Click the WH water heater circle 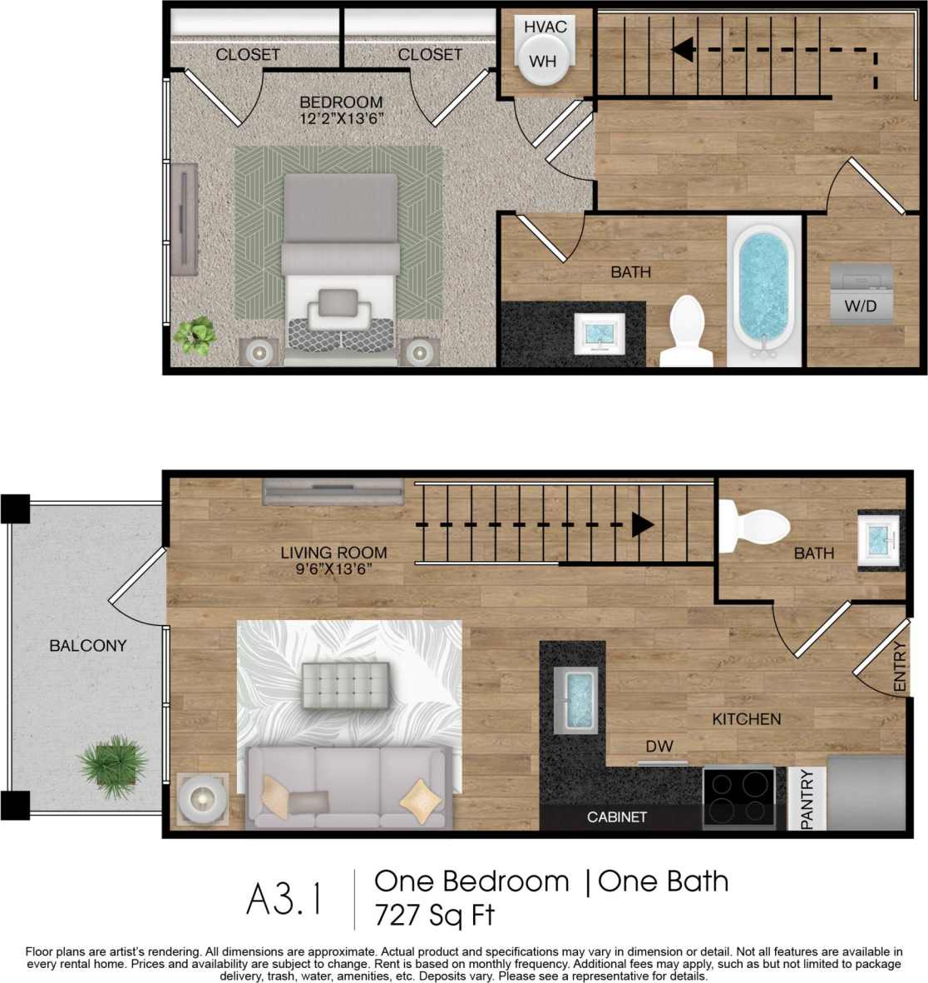[543, 61]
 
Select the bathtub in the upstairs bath [761, 288]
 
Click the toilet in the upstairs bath [687, 330]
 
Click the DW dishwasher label [659, 747]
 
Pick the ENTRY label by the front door [899, 667]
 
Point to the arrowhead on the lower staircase [642, 524]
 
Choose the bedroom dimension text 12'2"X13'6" [341, 119]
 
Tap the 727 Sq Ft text [434, 915]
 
